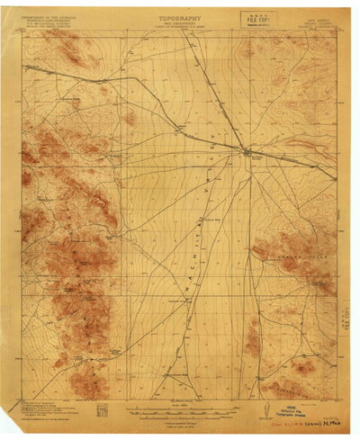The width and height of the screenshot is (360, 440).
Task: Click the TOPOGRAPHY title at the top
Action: click(180, 17)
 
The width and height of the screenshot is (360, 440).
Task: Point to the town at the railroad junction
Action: click(249, 152)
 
